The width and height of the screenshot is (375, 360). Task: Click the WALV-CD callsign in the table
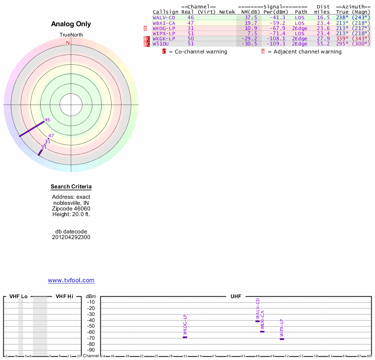click(164, 17)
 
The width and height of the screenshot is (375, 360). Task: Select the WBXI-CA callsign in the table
click(164, 23)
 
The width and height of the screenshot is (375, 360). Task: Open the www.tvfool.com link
click(71, 280)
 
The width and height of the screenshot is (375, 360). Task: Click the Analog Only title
click(71, 24)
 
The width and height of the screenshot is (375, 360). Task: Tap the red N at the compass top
click(68, 43)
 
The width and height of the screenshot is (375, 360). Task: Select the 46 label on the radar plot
click(47, 120)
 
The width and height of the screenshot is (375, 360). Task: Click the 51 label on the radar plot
click(44, 147)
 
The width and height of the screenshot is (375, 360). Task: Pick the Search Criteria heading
click(71, 187)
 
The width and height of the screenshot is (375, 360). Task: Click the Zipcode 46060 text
click(71, 209)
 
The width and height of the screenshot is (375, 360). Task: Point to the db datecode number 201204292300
click(71, 237)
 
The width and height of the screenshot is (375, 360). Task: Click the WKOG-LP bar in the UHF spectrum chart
click(185, 337)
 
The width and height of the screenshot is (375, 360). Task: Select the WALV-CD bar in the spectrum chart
click(257, 321)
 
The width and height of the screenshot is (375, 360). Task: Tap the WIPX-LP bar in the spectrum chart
click(282, 339)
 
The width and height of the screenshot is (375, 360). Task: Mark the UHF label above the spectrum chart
click(235, 297)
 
